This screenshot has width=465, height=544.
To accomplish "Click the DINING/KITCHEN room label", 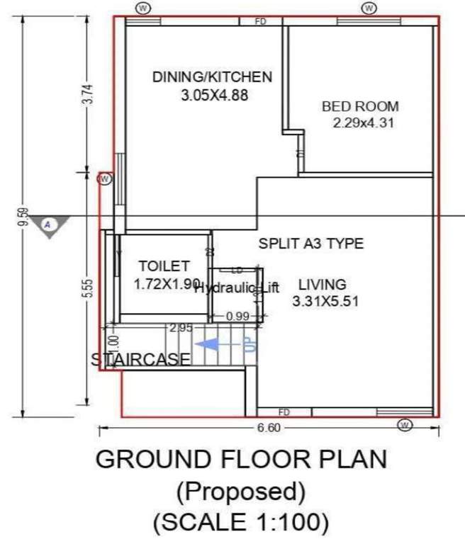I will tap(212, 76).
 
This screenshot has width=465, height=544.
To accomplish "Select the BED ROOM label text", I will tap(360, 107).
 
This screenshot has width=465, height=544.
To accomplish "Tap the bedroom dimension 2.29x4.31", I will tap(363, 123).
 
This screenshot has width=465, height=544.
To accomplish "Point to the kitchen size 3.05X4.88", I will tap(215, 94).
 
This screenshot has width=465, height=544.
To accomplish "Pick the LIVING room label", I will tap(322, 285).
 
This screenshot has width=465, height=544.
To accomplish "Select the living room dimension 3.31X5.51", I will tap(325, 301).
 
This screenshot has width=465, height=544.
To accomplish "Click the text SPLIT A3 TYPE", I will tap(310, 244).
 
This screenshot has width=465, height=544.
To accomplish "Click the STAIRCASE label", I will tap(141, 360).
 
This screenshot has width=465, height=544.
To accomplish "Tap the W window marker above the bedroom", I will tap(369, 8).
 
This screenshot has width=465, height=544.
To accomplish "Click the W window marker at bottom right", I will tap(405, 425).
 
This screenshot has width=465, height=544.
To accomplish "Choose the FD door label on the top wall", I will tap(260, 22).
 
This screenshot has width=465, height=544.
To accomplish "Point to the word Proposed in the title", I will tap(241, 490).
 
